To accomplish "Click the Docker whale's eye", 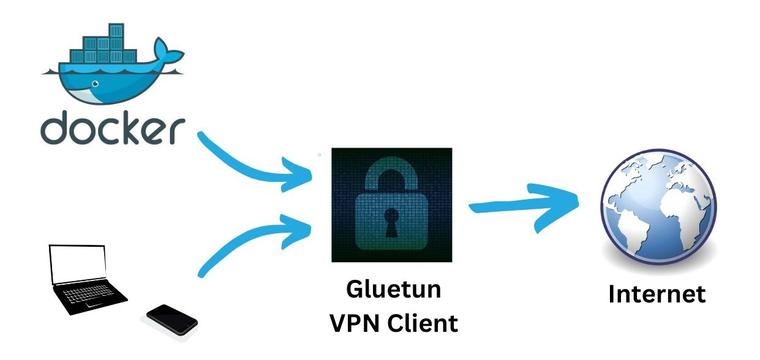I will pyautogui.click(x=94, y=83).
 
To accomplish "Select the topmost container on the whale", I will pyautogui.click(x=114, y=30).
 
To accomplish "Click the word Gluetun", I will pyautogui.click(x=393, y=290).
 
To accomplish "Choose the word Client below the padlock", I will pyautogui.click(x=423, y=323).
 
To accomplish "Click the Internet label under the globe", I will pyautogui.click(x=657, y=294).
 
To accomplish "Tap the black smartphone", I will pyautogui.click(x=172, y=319).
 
